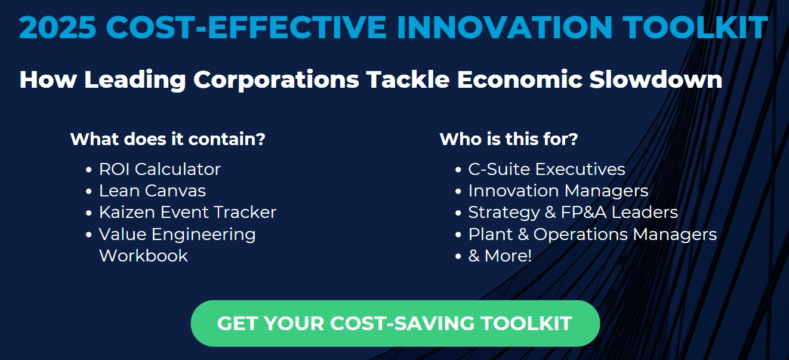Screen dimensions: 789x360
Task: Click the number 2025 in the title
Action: pos(57,27)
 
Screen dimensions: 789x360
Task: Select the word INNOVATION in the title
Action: pos(505,27)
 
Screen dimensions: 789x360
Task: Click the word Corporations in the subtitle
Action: pos(276,80)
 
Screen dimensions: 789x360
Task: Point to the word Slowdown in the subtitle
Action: pos(656,79)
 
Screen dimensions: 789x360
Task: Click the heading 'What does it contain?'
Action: pos(168,139)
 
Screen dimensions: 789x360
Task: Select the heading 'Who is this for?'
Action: pos(508,139)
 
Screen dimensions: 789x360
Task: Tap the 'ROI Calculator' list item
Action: pos(159,169)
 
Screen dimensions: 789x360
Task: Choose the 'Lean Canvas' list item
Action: pos(152,191)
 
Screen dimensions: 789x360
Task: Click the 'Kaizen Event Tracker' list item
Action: pos(187,213)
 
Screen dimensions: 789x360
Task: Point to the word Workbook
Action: pos(143,256)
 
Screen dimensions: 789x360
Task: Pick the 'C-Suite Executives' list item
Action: pos(547,169)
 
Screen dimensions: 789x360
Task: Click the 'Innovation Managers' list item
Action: pos(558,191)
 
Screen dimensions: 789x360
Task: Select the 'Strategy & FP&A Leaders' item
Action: pos(573,213)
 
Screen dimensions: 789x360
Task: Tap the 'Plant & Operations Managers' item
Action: pos(593,234)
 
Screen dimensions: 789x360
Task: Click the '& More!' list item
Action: pos(500,256)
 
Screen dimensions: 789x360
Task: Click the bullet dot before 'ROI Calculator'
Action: pos(89,170)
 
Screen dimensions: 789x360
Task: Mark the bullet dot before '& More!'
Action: pos(458,257)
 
